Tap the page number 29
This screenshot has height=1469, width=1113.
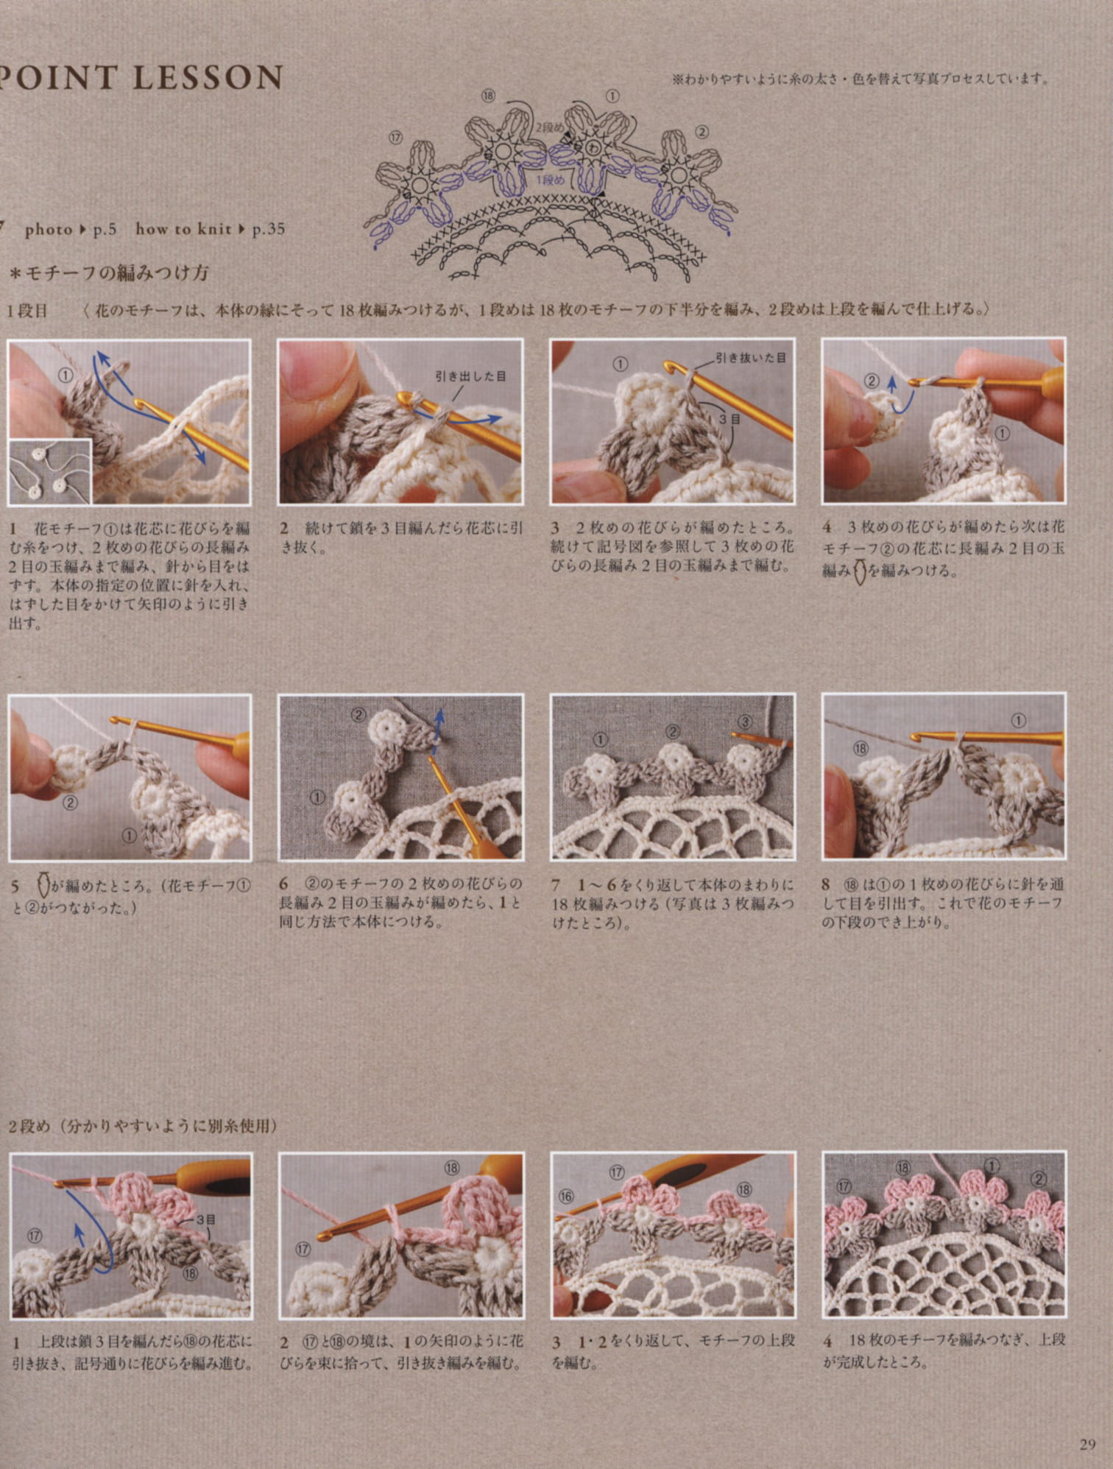click(x=1087, y=1444)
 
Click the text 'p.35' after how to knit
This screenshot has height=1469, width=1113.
click(x=268, y=229)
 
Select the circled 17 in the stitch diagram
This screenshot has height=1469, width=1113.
click(x=395, y=137)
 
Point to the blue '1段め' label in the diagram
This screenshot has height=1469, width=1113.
click(x=550, y=180)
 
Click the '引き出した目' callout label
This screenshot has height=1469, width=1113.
click(x=470, y=376)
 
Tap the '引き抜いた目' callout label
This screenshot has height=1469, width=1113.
click(x=750, y=358)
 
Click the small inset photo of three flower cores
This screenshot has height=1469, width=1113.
click(x=50, y=471)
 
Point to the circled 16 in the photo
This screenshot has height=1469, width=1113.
click(x=565, y=1197)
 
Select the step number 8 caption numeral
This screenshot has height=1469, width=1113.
click(x=827, y=883)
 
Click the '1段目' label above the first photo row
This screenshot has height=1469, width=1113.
click(x=27, y=310)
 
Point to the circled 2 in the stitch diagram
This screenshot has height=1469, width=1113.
click(x=702, y=132)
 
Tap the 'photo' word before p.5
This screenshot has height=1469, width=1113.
click(x=49, y=229)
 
